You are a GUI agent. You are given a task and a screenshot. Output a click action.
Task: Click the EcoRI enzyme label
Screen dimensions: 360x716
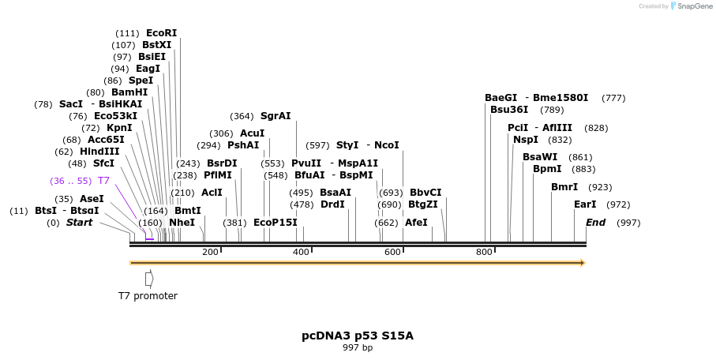[x=161, y=33]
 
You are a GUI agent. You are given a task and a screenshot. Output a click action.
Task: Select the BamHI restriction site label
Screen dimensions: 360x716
[x=129, y=92]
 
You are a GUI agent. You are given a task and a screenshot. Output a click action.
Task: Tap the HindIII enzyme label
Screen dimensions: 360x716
[x=99, y=152]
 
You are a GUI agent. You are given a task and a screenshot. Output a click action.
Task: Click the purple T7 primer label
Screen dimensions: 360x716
[x=103, y=181]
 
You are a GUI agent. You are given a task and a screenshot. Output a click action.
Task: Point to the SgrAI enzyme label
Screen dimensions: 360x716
[x=276, y=116]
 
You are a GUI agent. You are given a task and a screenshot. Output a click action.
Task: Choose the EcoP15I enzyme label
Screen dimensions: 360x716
[x=275, y=223]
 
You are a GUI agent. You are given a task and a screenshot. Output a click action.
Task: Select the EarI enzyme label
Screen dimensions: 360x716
[x=585, y=204]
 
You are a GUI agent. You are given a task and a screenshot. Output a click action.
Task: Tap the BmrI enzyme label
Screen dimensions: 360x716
[x=564, y=187]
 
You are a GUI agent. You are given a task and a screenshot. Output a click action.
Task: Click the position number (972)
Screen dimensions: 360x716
[x=618, y=204]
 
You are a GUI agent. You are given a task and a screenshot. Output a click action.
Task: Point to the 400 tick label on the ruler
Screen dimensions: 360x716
[x=302, y=252]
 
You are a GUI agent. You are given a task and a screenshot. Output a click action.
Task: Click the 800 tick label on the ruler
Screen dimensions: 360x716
[x=484, y=252]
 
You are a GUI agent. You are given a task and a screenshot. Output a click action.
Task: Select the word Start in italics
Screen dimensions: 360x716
[x=79, y=223]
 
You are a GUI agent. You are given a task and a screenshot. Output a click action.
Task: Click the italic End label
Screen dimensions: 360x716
[x=595, y=223]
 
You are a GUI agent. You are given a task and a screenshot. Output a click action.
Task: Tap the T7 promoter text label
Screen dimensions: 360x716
[x=148, y=296]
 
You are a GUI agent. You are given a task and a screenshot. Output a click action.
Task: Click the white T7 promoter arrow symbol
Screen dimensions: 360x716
[x=149, y=279]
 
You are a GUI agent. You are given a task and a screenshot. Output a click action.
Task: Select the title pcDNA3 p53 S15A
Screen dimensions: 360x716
[x=358, y=336]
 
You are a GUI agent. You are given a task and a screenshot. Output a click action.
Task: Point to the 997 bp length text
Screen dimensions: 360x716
[x=358, y=347]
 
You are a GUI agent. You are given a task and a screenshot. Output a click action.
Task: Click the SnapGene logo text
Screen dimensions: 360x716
[x=692, y=6]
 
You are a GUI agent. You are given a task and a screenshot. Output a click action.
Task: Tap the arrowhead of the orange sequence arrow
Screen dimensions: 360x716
[x=583, y=263]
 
